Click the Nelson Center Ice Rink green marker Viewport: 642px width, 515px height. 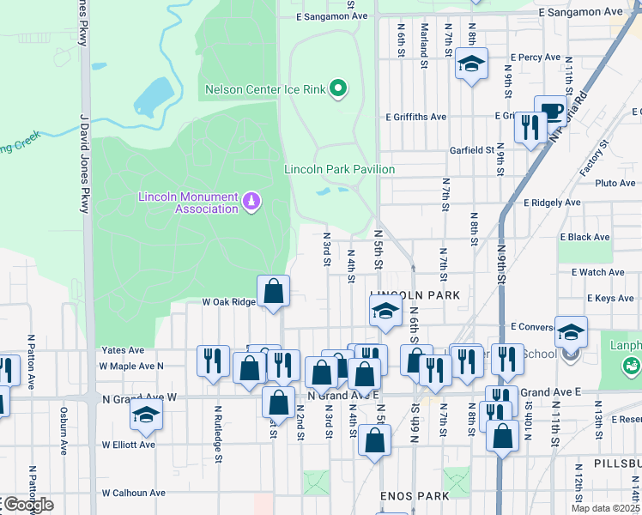(x=338, y=88)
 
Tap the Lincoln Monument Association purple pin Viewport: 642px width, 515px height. (x=251, y=202)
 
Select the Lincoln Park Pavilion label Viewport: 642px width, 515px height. (x=340, y=169)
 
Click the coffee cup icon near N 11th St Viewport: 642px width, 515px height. (x=550, y=112)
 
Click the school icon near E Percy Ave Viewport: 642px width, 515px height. (x=471, y=64)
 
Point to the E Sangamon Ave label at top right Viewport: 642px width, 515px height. (x=579, y=13)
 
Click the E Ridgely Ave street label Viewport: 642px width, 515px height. (x=552, y=203)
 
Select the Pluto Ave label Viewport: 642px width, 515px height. (x=615, y=183)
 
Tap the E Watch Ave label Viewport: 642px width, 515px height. (x=598, y=272)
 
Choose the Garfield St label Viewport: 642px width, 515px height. (x=472, y=149)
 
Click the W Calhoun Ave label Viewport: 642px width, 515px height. (x=133, y=493)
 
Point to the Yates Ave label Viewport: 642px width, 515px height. (x=123, y=350)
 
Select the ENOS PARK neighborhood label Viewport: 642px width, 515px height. (x=415, y=497)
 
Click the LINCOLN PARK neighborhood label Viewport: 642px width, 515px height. (x=415, y=294)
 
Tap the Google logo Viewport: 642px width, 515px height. (x=27, y=505)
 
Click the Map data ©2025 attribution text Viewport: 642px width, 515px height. (x=605, y=508)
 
